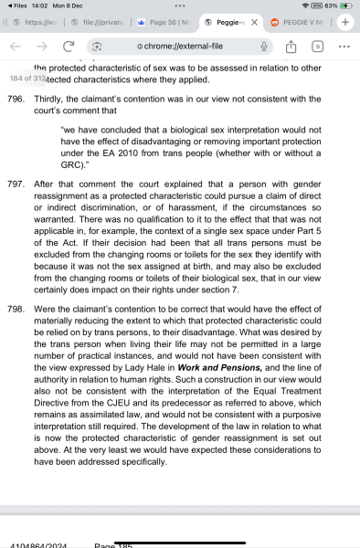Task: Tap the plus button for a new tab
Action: [346, 21]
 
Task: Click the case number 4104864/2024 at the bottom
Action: [36, 545]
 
